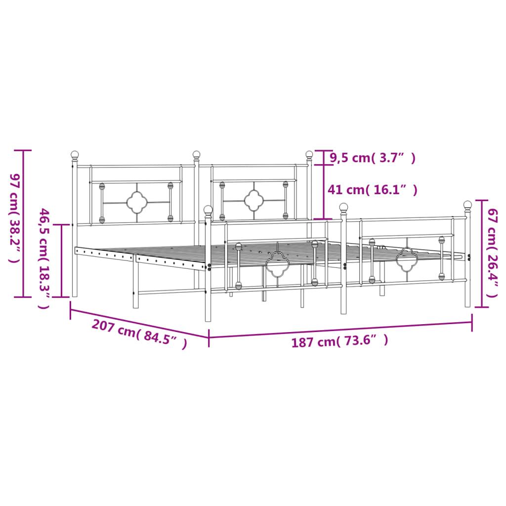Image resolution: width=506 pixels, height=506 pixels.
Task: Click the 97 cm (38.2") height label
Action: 15,218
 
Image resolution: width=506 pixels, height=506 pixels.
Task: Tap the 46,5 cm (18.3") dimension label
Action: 44,258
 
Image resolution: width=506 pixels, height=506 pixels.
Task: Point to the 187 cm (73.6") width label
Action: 339,340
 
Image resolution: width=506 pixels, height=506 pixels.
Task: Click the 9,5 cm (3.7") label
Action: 373,158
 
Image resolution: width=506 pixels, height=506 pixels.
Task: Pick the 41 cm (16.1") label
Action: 373,190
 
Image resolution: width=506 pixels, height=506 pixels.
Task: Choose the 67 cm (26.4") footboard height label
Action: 493,253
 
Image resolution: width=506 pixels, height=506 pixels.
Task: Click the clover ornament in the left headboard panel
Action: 137,202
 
